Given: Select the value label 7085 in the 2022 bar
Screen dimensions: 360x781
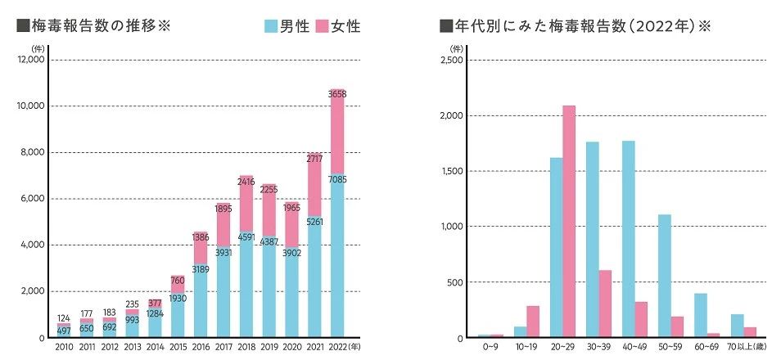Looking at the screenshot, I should point(336,178).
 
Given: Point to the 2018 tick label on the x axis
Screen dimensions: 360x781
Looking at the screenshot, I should point(246,348).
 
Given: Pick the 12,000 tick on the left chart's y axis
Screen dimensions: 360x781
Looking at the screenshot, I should point(31,61).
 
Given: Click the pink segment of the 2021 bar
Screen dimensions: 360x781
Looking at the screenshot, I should point(314,183).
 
